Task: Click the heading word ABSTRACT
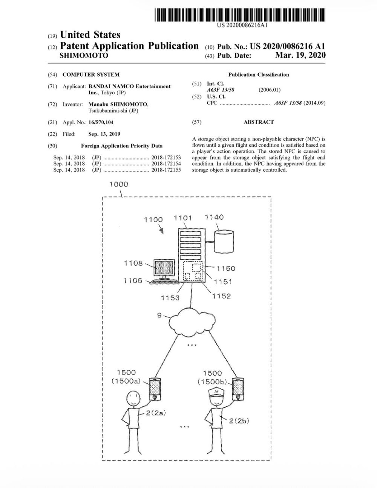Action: pyautogui.click(x=259, y=122)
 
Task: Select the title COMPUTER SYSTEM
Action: pyautogui.click(x=91, y=75)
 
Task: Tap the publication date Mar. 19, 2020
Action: pyautogui.click(x=300, y=55)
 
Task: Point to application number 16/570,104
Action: pyautogui.click(x=101, y=122)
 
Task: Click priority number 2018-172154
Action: pyautogui.click(x=166, y=164)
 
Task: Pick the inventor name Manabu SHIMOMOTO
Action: pyautogui.click(x=118, y=104)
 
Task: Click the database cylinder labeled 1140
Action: pyautogui.click(x=224, y=242)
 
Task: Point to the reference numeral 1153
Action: pyautogui.click(x=170, y=298)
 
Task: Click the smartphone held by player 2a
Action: pyautogui.click(x=156, y=389)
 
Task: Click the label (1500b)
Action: pyautogui.click(x=212, y=382)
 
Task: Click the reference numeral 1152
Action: pyautogui.click(x=221, y=296)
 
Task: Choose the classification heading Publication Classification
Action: pyautogui.click(x=259, y=75)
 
